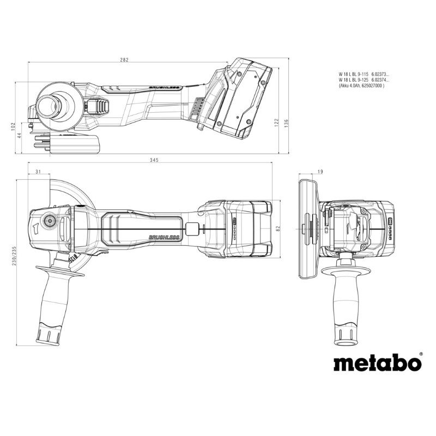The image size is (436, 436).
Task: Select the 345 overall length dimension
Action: [154, 160]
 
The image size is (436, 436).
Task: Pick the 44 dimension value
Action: [20, 136]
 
